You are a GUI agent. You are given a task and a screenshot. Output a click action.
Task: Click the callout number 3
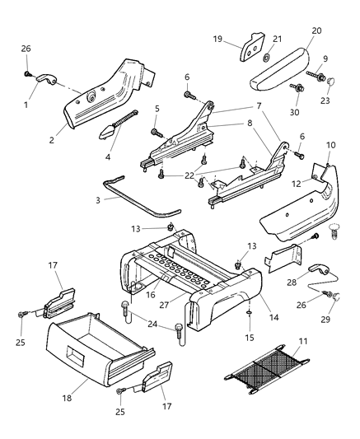coord(99,199)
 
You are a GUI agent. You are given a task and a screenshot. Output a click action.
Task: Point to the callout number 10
coord(331,145)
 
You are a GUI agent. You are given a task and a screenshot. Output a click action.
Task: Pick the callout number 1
coord(26,104)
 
